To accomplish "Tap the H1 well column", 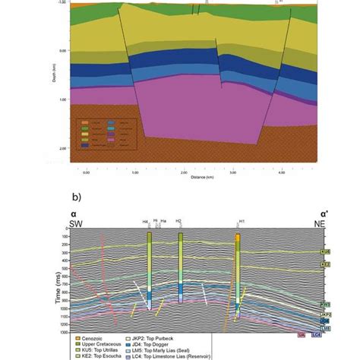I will [238, 273].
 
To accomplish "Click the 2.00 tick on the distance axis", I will [183, 172].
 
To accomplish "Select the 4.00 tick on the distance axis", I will [281, 172].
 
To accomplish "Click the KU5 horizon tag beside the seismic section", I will [325, 250].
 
